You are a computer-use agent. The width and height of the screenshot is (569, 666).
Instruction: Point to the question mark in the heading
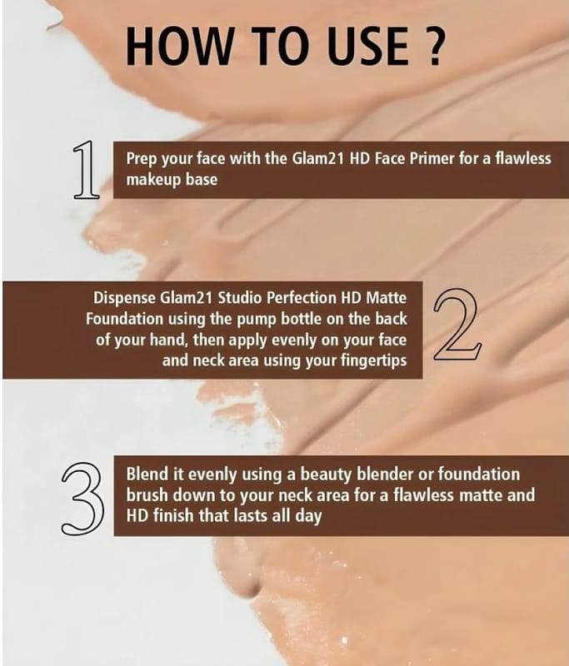[434, 47]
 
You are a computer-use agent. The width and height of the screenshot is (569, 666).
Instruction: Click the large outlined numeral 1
[86, 170]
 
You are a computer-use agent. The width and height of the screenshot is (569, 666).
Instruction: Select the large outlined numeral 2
[457, 325]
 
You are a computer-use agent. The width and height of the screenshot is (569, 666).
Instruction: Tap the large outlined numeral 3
[82, 499]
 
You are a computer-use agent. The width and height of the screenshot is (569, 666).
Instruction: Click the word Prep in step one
[142, 159]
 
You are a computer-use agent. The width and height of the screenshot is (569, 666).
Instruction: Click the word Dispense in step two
[124, 299]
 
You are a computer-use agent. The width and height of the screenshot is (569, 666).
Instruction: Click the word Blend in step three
[145, 474]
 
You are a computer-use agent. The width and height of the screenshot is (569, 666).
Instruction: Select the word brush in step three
[147, 495]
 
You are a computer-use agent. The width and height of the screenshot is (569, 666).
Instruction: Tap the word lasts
[249, 515]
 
